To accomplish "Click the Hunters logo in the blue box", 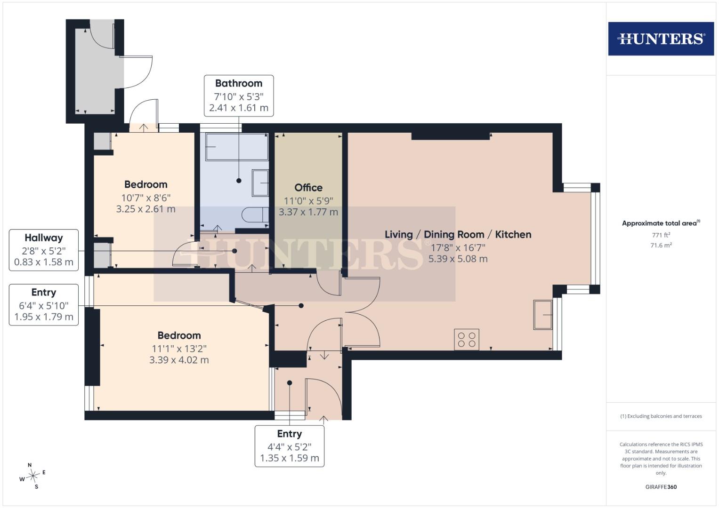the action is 661,39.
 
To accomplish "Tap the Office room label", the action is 308,188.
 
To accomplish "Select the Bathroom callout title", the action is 239,83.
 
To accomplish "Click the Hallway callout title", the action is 44,238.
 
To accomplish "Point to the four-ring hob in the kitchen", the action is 467,340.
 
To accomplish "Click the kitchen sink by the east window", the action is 543,315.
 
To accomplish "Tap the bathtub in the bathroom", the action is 237,147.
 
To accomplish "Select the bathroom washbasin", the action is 260,183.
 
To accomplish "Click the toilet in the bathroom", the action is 255,214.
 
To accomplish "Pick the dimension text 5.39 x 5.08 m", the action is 458,259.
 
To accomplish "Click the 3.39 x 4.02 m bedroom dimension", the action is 179,360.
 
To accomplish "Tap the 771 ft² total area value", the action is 661,235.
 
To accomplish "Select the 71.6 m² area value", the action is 661,246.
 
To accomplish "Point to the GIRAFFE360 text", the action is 661,487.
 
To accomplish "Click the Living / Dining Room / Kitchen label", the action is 458,234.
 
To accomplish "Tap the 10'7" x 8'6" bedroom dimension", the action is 145,198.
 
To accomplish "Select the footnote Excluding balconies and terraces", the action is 661,416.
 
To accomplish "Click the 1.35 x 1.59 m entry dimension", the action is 290,458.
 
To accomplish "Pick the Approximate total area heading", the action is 661,223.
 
